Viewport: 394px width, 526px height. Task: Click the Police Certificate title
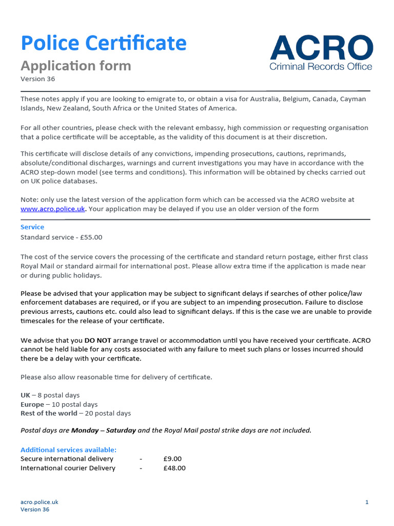103,43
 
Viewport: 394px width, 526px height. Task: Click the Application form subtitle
75,66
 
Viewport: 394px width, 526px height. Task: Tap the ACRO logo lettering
321,48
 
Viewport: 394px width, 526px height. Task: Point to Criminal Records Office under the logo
321,67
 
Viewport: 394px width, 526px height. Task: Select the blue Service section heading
32,227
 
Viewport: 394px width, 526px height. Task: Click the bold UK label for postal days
25,395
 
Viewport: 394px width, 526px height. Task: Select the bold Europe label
32,404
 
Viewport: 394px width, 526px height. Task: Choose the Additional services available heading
68,449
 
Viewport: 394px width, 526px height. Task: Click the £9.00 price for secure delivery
172,459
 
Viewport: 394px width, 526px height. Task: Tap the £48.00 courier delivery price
174,468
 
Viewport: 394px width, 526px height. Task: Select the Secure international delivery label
67,459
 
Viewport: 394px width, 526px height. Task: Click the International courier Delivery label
68,468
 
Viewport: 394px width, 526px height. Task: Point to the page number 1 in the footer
367,502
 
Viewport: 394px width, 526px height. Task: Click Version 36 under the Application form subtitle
37,79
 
